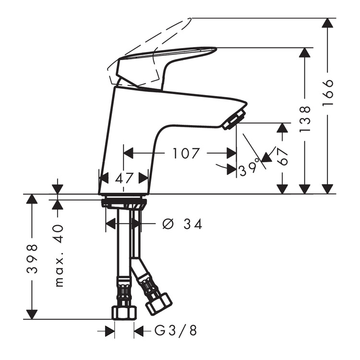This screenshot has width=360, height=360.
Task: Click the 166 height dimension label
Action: [328, 93]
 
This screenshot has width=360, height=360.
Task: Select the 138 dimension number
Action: [305, 119]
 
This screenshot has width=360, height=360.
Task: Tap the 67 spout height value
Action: [282, 156]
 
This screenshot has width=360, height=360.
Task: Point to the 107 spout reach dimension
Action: [186, 154]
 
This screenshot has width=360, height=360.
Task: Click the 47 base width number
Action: [124, 178]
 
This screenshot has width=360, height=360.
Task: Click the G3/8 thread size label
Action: [176, 331]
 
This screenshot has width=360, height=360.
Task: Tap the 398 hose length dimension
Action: [32, 259]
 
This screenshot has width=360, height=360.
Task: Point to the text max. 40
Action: [59, 255]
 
